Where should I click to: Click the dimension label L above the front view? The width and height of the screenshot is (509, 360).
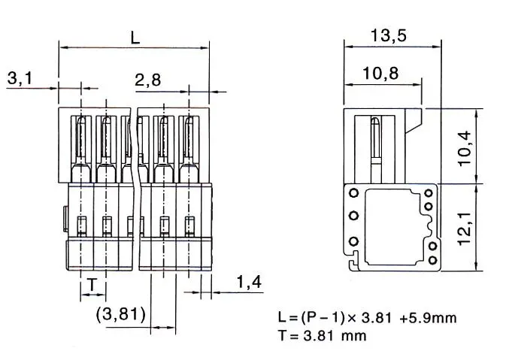pos(135,38)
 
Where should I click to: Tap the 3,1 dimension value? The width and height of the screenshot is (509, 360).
pos(20,78)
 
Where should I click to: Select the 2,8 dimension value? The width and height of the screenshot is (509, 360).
pos(147,80)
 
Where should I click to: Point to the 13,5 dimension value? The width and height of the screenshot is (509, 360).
pos(389,35)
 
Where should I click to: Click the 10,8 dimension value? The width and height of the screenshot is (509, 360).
pos(380,73)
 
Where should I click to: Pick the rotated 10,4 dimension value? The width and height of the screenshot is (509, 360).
pos(464,148)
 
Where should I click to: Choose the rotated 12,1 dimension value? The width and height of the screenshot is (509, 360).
pos(464,228)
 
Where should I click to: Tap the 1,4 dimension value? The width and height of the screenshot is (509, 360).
pos(249,282)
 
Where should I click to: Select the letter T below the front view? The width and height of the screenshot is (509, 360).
pos(92,285)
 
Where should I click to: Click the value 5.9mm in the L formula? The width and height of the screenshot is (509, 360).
pos(428,318)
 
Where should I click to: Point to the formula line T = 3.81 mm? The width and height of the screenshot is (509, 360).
pos(323,336)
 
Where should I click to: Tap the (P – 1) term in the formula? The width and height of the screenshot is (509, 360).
pos(323,317)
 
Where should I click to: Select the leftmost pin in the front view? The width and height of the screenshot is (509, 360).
pos(81,149)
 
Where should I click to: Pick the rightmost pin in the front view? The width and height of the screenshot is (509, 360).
pos(189,149)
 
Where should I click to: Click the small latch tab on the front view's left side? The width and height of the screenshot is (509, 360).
pos(66,219)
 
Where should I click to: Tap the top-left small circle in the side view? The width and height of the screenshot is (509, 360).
pos(353,193)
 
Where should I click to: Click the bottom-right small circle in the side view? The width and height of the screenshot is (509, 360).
pos(433,260)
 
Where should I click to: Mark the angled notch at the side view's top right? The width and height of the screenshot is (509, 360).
pos(414,121)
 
